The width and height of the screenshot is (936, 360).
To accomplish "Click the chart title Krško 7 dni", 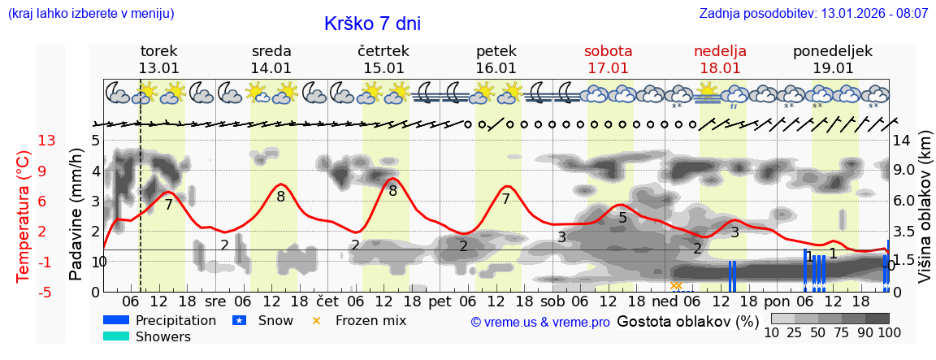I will pos(372,24).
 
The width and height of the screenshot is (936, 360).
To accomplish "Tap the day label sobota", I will pos(608,51).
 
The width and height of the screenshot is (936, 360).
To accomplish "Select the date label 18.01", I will pos(720,68).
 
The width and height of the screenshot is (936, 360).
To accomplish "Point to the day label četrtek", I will pos(383,51).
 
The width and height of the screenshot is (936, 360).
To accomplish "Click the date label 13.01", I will pos(158,68).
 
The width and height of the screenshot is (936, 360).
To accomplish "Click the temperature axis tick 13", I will pos(46,141).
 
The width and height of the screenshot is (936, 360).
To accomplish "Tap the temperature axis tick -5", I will pos(46,292).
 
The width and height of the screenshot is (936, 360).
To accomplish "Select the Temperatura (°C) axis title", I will pos(24,216).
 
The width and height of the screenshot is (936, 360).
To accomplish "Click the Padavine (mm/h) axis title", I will pos(76,215).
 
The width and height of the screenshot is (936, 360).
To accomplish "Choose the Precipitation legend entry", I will pos(175,320).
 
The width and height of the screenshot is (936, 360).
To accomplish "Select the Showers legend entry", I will pos(162,336).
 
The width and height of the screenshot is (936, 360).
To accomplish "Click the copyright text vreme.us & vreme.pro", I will pos(540,322).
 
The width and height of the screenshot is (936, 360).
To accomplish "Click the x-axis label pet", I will pos(440,301).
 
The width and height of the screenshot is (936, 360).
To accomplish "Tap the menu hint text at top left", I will pos(91,14).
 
